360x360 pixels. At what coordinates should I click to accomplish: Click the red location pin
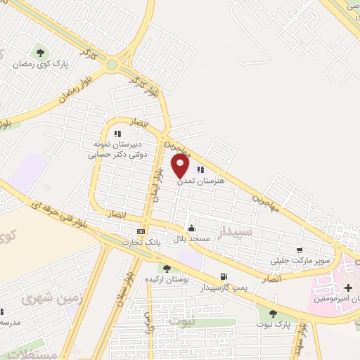pyautogui.click(x=181, y=165)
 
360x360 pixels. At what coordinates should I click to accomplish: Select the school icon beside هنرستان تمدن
pyautogui.click(x=200, y=169)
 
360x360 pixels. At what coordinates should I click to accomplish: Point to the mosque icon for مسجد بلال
pyautogui.click(x=191, y=228)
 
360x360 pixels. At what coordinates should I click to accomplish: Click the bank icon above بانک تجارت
pyautogui.click(x=141, y=231)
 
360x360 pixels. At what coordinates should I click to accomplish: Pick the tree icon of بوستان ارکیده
pyautogui.click(x=167, y=268)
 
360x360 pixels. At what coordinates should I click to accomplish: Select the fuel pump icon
pyautogui.click(x=224, y=276)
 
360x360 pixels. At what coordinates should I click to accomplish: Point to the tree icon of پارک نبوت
pyautogui.click(x=273, y=314)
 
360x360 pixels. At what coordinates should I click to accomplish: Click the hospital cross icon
pyautogui.click(x=349, y=287)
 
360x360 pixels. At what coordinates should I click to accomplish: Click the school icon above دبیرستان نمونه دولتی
pyautogui.click(x=118, y=133)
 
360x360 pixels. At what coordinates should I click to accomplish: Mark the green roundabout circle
pyautogui.click(x=112, y=65)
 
